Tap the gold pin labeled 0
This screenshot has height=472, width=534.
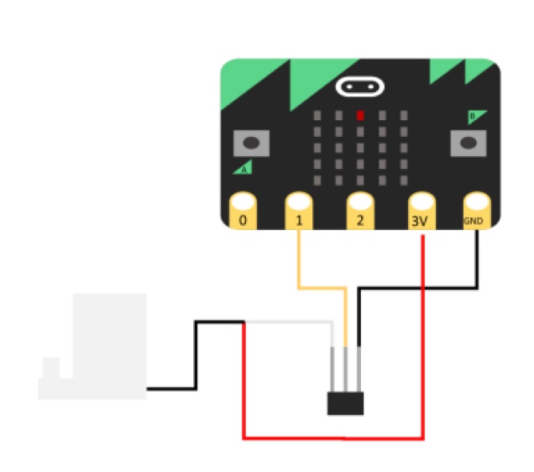[x=243, y=211]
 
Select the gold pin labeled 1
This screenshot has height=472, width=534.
[x=299, y=211]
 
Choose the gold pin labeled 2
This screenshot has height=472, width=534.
[x=360, y=211]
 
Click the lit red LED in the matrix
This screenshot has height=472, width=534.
[x=360, y=115]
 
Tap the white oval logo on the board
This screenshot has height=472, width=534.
[x=359, y=87]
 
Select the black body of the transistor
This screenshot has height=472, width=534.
[x=345, y=403]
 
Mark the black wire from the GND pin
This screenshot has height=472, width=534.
[x=420, y=288]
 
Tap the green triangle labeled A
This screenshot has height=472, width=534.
[x=243, y=168]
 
